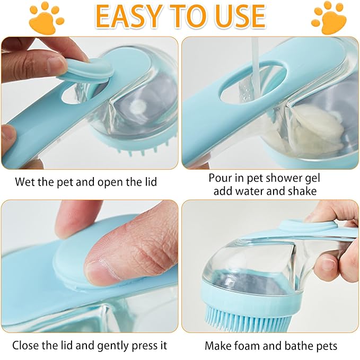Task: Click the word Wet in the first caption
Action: coord(25,182)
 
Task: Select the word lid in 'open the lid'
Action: coord(150,182)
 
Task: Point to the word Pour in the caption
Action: coord(220,178)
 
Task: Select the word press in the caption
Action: coord(135,346)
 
